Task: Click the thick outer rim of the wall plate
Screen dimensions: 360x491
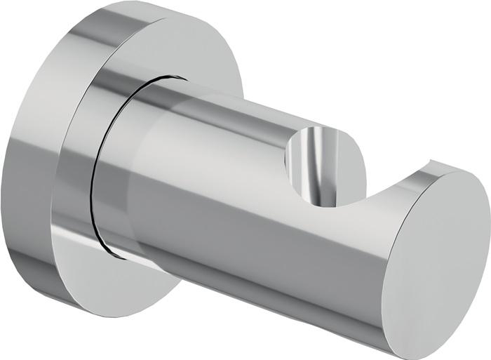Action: [32, 175]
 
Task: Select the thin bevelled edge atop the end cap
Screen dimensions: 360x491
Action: [449, 168]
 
